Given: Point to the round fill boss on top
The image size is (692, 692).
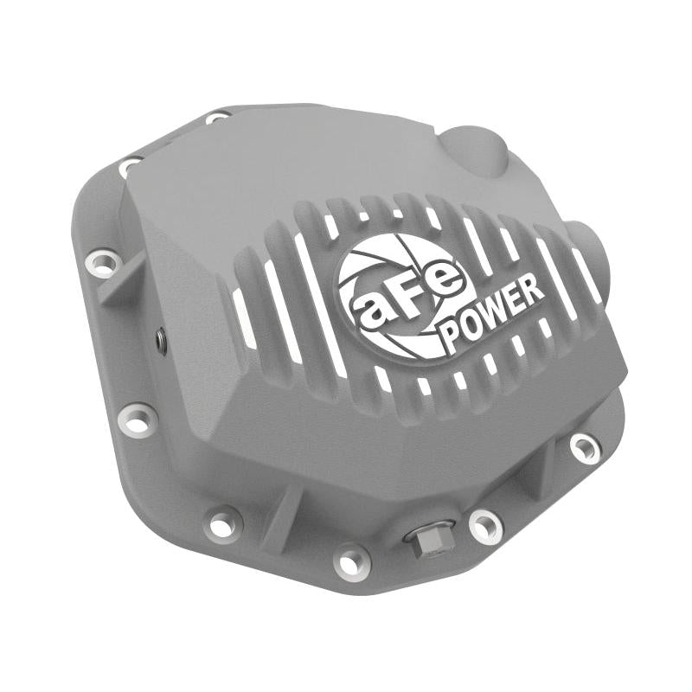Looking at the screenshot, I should (478, 150).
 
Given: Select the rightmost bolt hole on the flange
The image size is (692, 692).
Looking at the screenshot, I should (586, 446).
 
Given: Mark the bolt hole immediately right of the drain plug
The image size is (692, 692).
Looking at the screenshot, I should (484, 526).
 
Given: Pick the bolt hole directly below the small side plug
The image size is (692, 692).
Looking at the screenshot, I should (138, 418).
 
